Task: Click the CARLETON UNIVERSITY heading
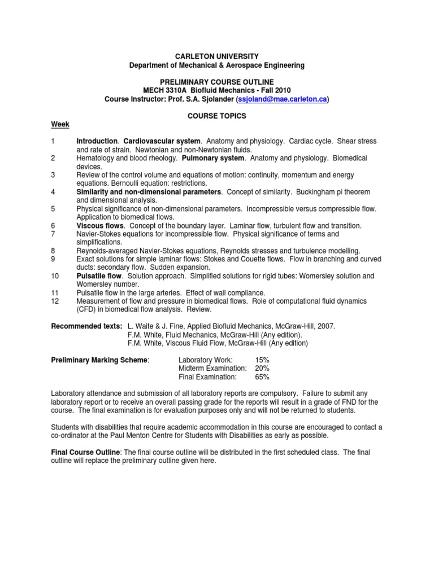[217, 56]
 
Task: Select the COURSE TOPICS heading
[217, 116]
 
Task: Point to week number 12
[55, 301]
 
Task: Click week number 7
[53, 234]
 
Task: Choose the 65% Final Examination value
[262, 376]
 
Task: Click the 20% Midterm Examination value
[262, 368]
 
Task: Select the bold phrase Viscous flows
[99, 226]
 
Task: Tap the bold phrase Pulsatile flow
[99, 276]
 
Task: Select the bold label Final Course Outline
[85, 452]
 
